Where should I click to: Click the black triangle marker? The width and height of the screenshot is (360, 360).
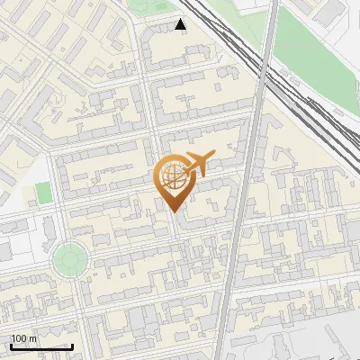(x=181, y=25)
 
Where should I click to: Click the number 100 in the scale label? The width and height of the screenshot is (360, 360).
(x=19, y=338)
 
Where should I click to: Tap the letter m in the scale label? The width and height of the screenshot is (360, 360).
(x=32, y=338)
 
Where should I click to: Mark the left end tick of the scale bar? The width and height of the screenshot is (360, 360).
(x=11, y=346)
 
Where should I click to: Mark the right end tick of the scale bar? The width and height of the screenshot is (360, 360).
(x=72, y=346)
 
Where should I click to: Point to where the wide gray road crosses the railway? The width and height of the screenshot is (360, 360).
(x=262, y=76)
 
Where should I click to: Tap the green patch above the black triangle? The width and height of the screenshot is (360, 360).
(x=148, y=7)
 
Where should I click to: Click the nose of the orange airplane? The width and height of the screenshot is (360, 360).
(x=211, y=159)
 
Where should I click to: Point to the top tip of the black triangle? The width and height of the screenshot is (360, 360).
(x=181, y=20)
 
